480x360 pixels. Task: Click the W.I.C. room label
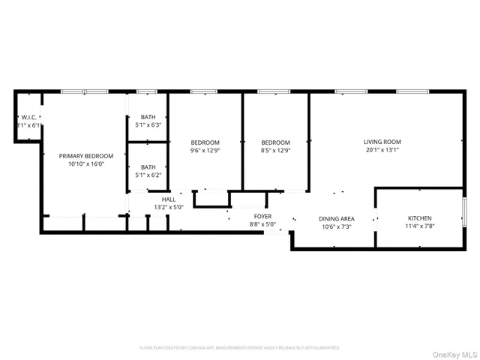coord(29,117)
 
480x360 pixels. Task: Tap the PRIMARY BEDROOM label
coord(86,156)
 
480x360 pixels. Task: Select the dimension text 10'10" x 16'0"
coord(86,164)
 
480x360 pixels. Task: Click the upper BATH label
coord(148,117)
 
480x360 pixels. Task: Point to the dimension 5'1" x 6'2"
coord(148,175)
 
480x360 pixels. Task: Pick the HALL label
coord(169,199)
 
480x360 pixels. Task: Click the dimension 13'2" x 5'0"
coord(169,207)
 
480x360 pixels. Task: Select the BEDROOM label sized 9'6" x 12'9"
coord(205,142)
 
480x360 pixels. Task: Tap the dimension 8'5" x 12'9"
coord(275,151)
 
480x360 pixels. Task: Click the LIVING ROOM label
coord(382,141)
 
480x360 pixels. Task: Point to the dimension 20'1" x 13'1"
coord(382,149)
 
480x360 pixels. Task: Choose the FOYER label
coord(262,216)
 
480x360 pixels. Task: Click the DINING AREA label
coord(337,218)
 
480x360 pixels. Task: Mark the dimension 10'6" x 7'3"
coord(337,226)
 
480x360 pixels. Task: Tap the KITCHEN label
coord(420,217)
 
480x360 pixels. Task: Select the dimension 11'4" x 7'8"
coord(420,226)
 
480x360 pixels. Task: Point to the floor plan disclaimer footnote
coord(239,348)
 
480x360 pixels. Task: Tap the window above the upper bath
coord(147,91)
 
